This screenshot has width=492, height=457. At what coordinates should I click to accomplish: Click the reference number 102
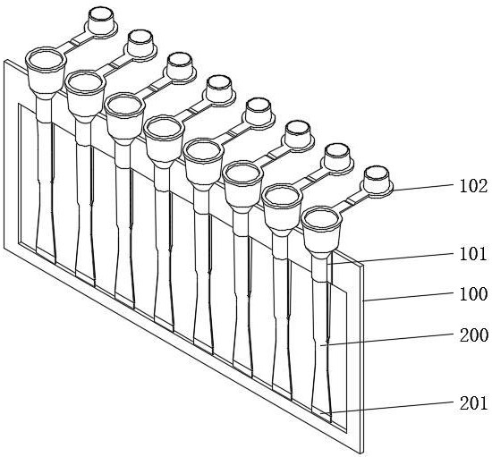pos(473,186)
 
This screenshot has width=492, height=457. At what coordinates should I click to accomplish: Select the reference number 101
pos(473,253)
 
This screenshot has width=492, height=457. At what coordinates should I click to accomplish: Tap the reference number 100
pos(473,294)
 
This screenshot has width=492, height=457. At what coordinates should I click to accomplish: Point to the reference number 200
pos(473,335)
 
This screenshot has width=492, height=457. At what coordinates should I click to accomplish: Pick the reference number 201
pos(473,403)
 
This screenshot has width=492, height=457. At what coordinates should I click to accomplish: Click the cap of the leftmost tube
pos(101,22)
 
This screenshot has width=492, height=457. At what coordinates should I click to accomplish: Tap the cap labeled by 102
pos(377,182)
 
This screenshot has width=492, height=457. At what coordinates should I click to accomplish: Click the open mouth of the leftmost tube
pos(46,60)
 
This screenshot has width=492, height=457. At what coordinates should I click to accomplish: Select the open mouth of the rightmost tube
pos(321,220)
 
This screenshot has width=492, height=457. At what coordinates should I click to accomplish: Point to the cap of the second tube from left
pos(140,45)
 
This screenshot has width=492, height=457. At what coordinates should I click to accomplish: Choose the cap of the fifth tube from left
pos(259,114)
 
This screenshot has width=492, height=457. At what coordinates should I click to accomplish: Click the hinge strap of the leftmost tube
pos(75,42)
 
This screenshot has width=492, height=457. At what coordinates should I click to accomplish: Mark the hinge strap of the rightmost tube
pos(350,202)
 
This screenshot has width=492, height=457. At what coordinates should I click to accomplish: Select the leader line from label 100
pos(409,296)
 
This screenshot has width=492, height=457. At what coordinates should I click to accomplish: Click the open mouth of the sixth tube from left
pos(242,174)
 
